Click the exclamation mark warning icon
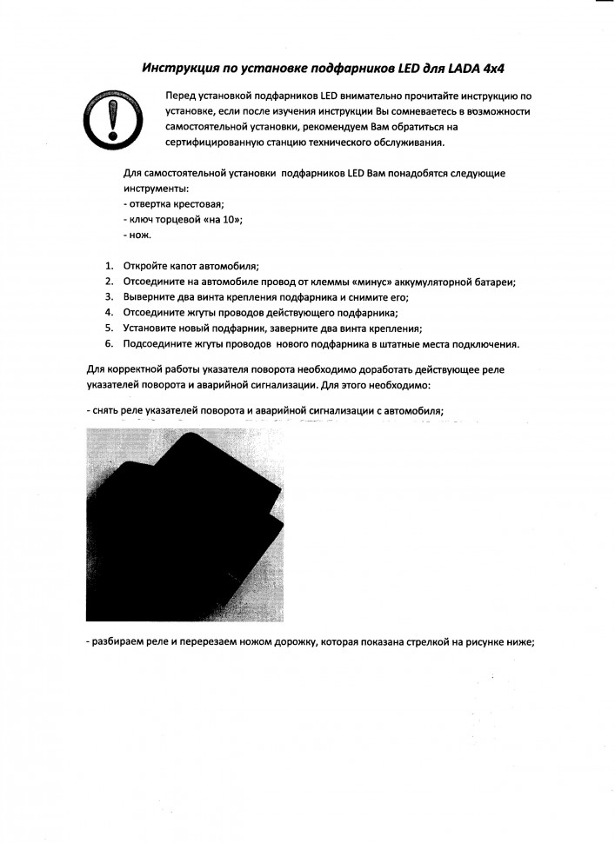click(x=110, y=119)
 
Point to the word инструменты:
click(x=157, y=188)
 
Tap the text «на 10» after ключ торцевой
click(x=221, y=220)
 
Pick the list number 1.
click(x=110, y=266)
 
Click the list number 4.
click(x=110, y=312)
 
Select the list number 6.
click(x=110, y=343)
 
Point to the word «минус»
click(x=354, y=282)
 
